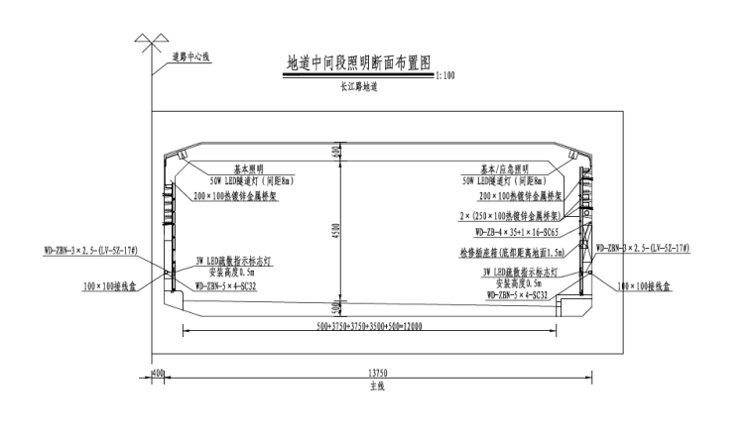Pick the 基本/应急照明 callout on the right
[505, 169]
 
